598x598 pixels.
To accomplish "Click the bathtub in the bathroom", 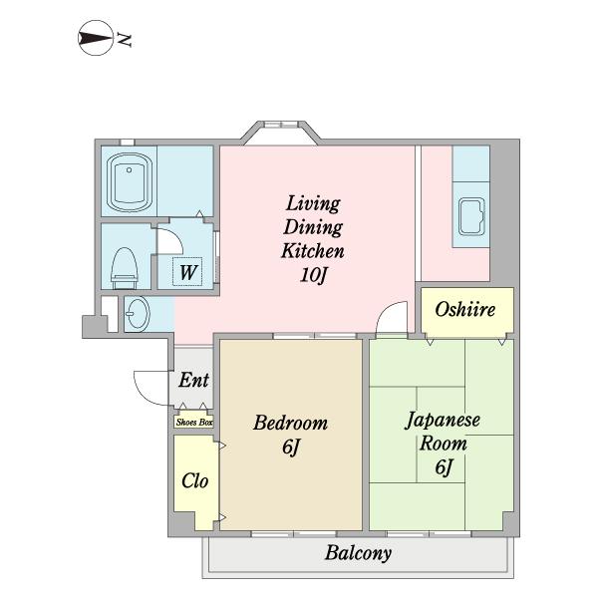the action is tap(130, 182).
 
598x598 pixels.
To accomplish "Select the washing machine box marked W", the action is tap(187, 271).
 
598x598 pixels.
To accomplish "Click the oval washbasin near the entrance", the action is tap(138, 314).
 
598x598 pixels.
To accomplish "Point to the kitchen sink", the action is tap(471, 217).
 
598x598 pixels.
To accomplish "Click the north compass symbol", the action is tap(96, 38).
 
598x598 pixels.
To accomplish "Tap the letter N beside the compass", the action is tap(125, 39).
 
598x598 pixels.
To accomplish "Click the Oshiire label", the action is tap(465, 309).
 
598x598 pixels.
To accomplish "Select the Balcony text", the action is tap(359, 552).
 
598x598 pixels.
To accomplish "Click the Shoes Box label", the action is tap(194, 423).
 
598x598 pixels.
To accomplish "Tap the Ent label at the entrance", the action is tap(194, 380).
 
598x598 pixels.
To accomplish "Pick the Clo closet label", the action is tap(195, 481).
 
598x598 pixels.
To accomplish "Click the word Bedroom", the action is tap(291, 423).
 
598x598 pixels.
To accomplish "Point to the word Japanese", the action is tap(443, 421).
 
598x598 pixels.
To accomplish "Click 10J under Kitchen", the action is tap(314, 275).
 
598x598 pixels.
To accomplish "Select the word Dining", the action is tap(313, 227).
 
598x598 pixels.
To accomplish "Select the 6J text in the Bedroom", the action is tap(291, 447).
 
